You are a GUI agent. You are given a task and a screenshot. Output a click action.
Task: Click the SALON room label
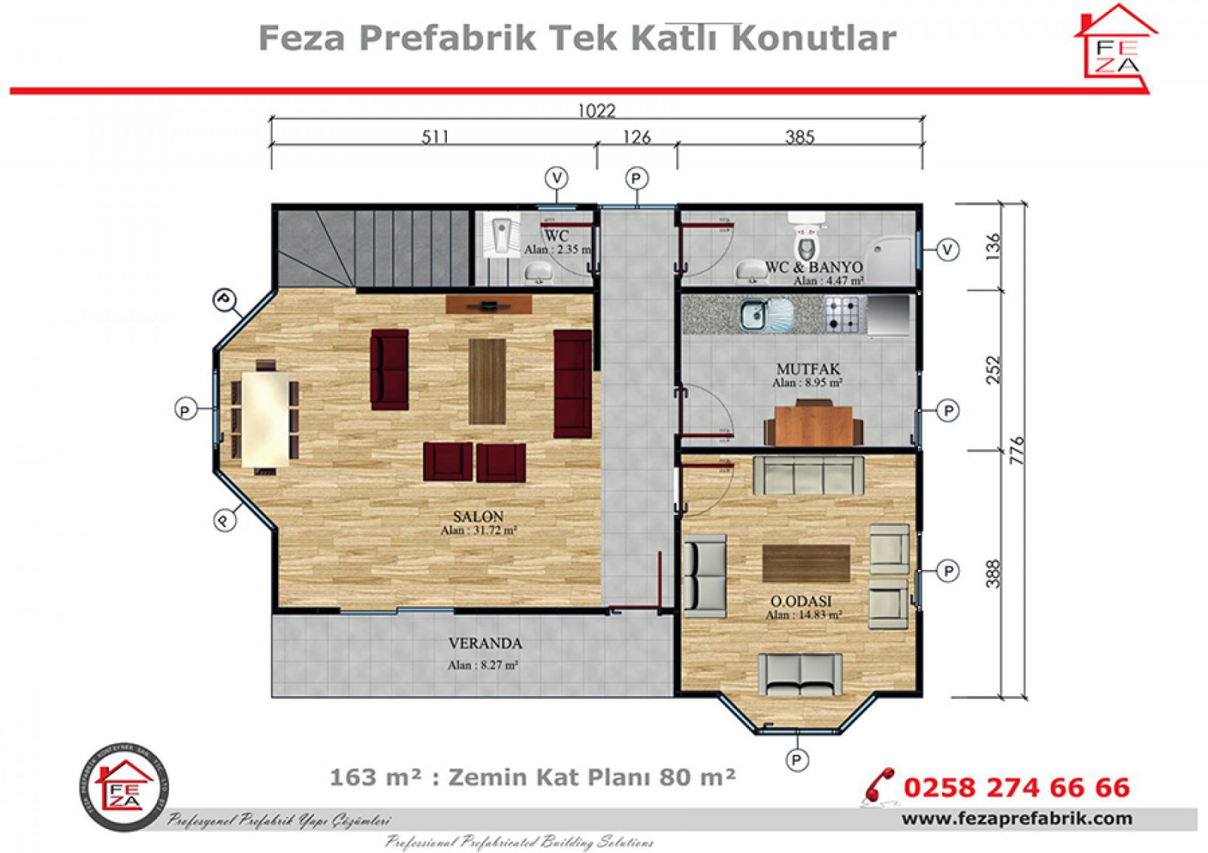pyautogui.click(x=478, y=516)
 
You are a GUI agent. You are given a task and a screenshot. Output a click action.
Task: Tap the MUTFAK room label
pyautogui.click(x=808, y=369)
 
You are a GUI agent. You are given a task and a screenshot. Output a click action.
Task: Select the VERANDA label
pyautogui.click(x=485, y=644)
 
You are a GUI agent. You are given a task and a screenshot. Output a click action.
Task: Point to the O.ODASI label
pyautogui.click(x=801, y=601)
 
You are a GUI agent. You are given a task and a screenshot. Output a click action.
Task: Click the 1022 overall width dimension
pyautogui.click(x=596, y=111)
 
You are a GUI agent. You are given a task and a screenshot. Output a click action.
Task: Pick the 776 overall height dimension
pyautogui.click(x=1017, y=450)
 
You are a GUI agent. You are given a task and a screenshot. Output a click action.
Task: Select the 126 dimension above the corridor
pyautogui.click(x=636, y=137)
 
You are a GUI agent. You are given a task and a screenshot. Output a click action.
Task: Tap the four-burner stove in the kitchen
pyautogui.click(x=844, y=314)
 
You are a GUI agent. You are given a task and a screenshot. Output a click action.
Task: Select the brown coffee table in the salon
pyautogui.click(x=487, y=380)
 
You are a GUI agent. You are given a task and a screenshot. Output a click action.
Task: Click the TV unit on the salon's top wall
pyautogui.click(x=488, y=304)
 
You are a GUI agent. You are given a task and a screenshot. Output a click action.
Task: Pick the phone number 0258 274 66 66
pyautogui.click(x=1016, y=787)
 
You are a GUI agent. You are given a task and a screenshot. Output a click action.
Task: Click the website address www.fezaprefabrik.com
pyautogui.click(x=1016, y=818)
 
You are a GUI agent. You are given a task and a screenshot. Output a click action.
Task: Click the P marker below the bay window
pyautogui.click(x=796, y=759)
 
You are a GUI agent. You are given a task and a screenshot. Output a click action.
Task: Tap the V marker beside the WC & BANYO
pyautogui.click(x=948, y=249)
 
